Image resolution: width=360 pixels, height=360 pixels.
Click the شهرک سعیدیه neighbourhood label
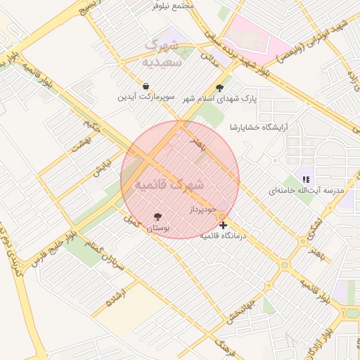162,53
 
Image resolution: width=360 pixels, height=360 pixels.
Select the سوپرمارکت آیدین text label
145,97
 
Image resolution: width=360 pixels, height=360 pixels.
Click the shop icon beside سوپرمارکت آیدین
145,86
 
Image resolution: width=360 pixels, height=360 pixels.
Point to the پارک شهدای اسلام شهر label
220,99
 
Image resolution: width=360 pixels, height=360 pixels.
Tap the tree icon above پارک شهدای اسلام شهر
220,89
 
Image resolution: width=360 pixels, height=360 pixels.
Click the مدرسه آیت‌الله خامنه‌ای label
306,191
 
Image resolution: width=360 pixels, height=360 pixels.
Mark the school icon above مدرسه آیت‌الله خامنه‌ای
306,180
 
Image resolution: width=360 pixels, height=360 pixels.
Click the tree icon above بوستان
157,217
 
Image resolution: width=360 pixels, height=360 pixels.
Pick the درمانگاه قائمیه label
221,236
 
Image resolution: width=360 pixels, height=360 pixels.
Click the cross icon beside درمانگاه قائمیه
223,226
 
